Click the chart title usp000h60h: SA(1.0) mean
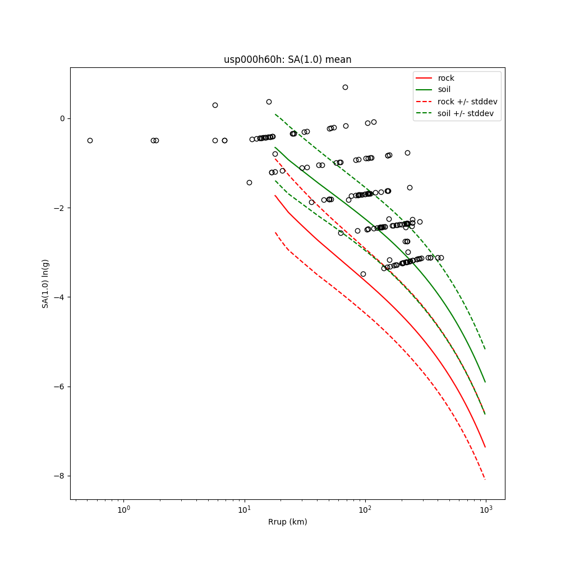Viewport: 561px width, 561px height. tap(287, 59)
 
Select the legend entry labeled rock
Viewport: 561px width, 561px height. tap(446, 78)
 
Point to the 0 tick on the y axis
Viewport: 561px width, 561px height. tap(62, 118)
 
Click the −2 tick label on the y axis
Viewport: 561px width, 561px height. tap(59, 208)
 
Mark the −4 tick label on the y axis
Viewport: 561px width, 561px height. tap(59, 297)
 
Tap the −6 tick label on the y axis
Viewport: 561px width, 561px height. tap(59, 387)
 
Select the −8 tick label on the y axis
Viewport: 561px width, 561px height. tap(59, 476)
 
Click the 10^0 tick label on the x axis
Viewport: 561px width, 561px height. tap(123, 509)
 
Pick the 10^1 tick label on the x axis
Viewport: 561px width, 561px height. tap(244, 509)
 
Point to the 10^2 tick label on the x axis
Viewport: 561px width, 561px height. tap(365, 509)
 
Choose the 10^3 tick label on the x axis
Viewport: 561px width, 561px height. tap(486, 509)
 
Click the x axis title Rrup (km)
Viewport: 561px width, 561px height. tap(287, 522)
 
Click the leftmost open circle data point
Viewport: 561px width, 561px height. tap(90, 140)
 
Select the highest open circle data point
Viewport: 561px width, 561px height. tap(345, 87)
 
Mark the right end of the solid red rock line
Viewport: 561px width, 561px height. tap(485, 447)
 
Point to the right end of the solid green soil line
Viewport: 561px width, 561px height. tap(485, 382)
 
